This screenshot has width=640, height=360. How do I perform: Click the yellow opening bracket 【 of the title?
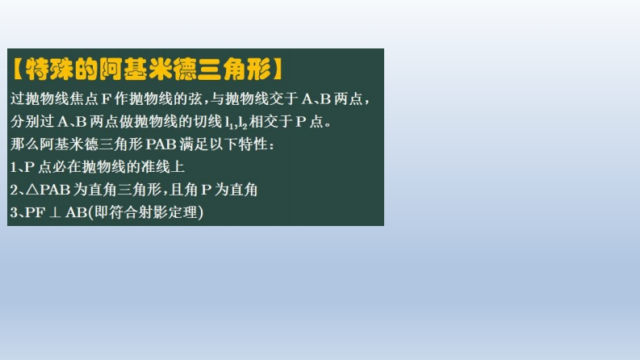(18, 69)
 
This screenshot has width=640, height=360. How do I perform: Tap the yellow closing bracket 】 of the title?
(278, 69)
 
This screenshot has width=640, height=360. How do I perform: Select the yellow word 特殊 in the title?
(49, 69)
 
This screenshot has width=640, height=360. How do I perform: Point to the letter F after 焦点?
(106, 99)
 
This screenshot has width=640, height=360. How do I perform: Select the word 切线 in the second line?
(207, 122)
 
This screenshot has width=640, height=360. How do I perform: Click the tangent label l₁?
(229, 123)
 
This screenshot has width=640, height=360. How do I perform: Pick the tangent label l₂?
(242, 123)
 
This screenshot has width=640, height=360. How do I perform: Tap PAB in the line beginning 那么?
(161, 144)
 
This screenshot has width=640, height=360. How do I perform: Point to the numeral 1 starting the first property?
(13, 167)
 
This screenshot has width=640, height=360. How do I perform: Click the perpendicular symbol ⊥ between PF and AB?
(55, 212)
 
